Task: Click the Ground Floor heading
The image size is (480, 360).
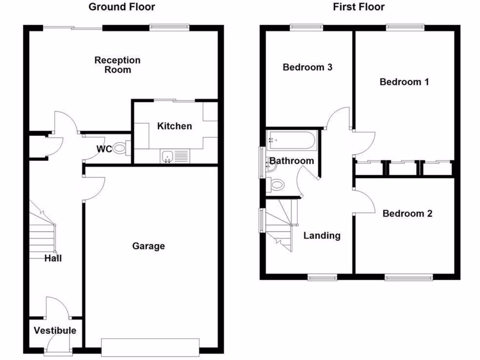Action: pyautogui.click(x=121, y=7)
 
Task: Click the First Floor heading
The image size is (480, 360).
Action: pyautogui.click(x=359, y=7)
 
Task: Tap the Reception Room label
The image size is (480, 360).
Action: pyautogui.click(x=117, y=65)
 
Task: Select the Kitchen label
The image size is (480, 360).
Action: pyautogui.click(x=174, y=126)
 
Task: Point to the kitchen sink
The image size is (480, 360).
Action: pyautogui.click(x=167, y=157)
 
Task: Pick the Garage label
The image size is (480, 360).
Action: pyautogui.click(x=148, y=246)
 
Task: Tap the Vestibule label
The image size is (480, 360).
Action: pyautogui.click(x=55, y=330)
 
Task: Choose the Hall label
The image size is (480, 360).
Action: pyautogui.click(x=53, y=258)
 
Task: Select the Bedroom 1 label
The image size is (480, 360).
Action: pyautogui.click(x=404, y=82)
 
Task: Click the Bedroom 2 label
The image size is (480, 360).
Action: pyautogui.click(x=407, y=214)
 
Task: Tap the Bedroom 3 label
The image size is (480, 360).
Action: pyautogui.click(x=307, y=67)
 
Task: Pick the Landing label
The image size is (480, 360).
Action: pyautogui.click(x=322, y=235)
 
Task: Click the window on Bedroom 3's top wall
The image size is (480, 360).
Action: pyautogui.click(x=307, y=27)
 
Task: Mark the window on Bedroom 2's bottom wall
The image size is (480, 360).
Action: pyautogui.click(x=409, y=277)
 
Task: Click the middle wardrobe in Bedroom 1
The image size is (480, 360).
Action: pyautogui.click(x=403, y=167)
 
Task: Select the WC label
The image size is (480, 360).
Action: pyautogui.click(x=104, y=150)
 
